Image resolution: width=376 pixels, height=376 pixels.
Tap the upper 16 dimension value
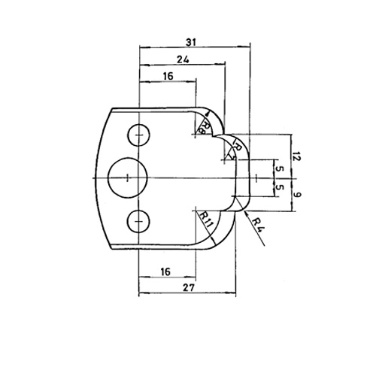(167, 76)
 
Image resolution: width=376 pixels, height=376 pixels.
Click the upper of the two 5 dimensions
(279, 168)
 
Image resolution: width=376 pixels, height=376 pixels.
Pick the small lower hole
(139, 220)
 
